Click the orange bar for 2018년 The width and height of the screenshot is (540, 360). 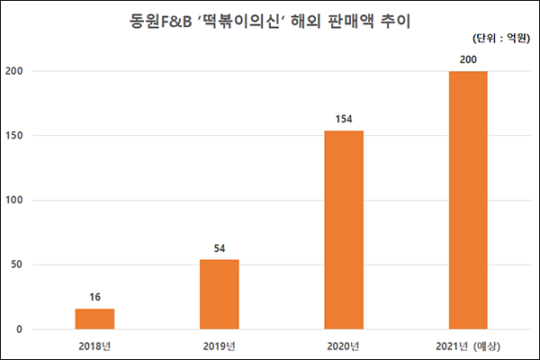tap(94, 319)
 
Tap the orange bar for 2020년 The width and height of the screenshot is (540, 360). tap(344, 229)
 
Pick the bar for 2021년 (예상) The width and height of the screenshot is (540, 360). tap(468, 200)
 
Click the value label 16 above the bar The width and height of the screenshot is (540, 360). tap(94, 296)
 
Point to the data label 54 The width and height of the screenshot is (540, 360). tap(219, 247)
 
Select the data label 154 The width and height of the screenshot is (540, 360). tap(344, 118)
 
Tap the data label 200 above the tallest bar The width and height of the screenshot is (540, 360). tap(468, 58)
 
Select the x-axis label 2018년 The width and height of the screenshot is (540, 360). tap(94, 346)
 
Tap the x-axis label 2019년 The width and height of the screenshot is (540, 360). tap(219, 346)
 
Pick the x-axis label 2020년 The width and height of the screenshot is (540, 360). tap(344, 346)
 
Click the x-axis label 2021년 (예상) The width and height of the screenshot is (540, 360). tap(468, 346)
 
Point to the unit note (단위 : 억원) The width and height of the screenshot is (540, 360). tap(500, 39)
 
